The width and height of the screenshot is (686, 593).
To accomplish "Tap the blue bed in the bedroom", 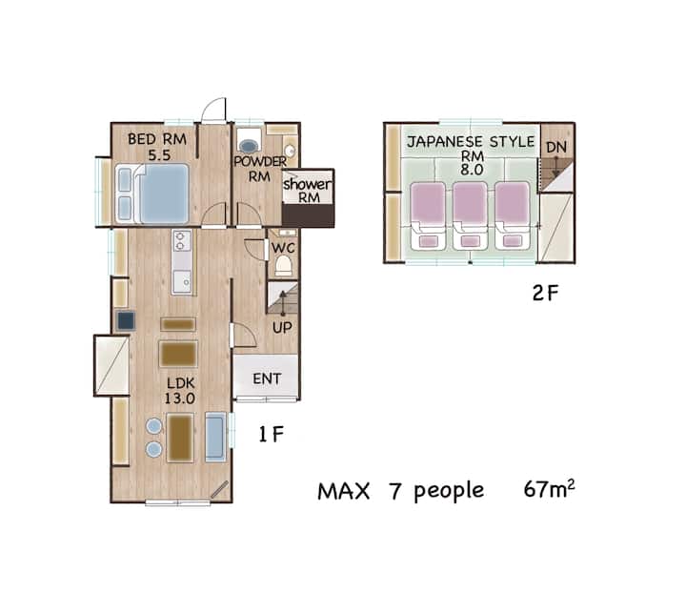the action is point(152,194).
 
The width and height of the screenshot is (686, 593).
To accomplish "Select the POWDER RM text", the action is point(259,169).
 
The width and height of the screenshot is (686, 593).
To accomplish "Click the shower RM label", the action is point(308,190).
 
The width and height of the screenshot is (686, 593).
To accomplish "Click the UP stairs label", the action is point(282,327).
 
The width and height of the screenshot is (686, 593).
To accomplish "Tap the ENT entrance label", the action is point(267,378).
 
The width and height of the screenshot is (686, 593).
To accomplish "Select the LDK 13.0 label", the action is point(180,391).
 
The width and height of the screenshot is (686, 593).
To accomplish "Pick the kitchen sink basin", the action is point(182,281).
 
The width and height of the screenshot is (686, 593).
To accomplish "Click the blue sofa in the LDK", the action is point(215,437).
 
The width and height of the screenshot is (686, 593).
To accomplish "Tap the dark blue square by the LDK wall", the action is point(126,320).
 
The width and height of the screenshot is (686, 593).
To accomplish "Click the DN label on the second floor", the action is point(556,147).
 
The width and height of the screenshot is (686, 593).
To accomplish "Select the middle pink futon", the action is point(470,215).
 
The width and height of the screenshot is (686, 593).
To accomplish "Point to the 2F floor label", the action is point(545,293).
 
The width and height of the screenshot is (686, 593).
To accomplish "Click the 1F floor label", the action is point(272,434).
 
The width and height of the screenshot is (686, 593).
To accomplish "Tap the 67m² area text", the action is point(549,489).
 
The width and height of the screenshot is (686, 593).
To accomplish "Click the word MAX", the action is point(343,491).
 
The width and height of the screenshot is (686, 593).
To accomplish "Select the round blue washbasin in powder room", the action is point(248,146).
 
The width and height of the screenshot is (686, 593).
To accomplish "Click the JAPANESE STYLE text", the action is point(471,141).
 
